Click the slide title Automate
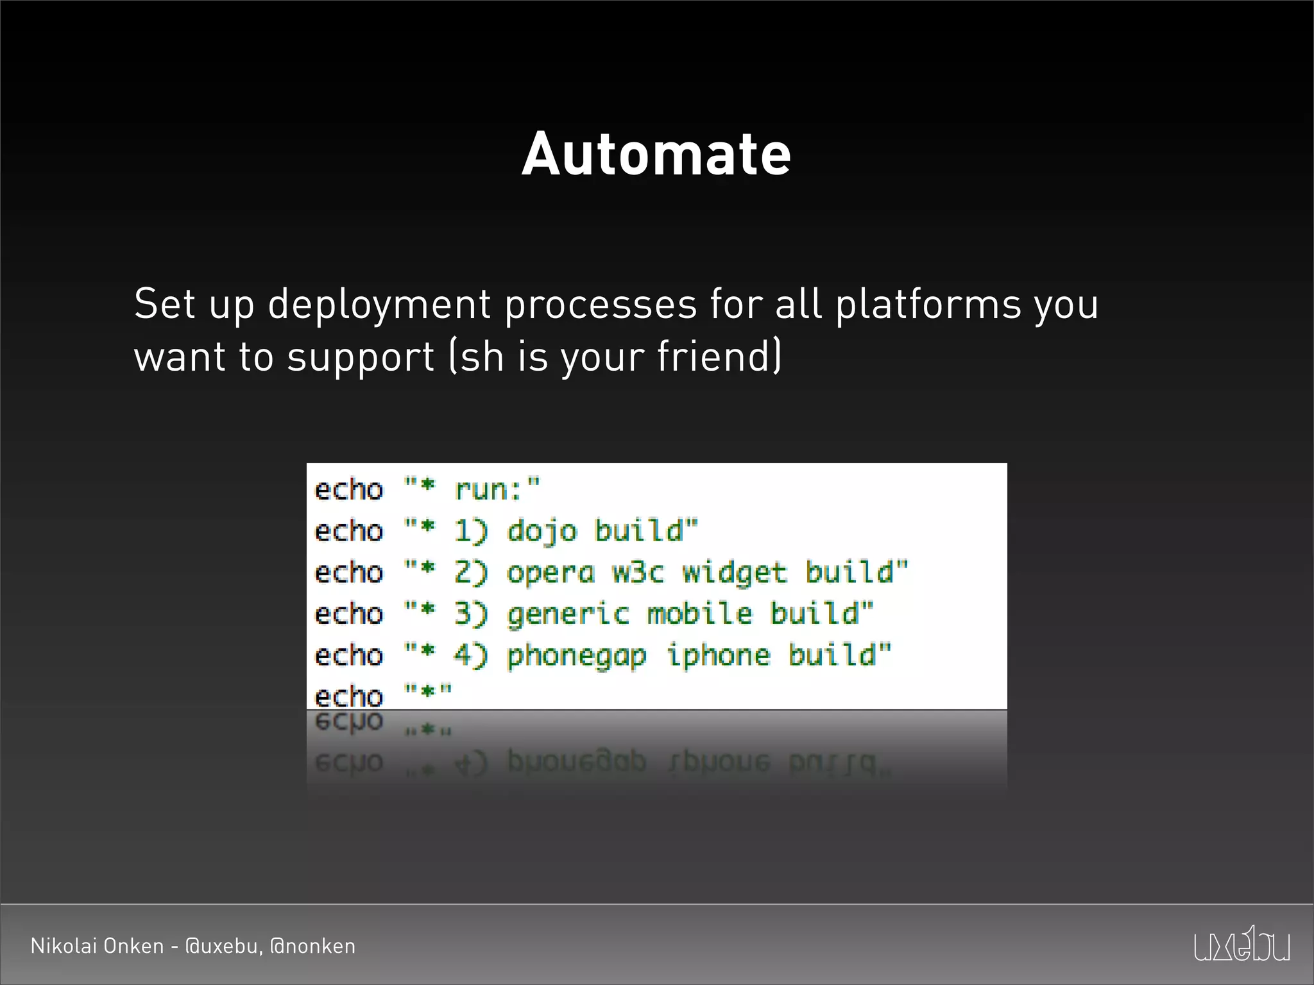click(x=656, y=154)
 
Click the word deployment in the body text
click(x=379, y=304)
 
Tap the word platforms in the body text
click(x=928, y=304)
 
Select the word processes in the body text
click(x=601, y=304)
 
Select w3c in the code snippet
click(x=638, y=573)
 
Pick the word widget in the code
click(x=735, y=573)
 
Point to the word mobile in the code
click(x=699, y=614)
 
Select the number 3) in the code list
click(x=471, y=614)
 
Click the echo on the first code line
click(x=349, y=490)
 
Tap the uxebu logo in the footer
click(x=1242, y=945)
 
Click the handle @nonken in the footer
click(x=312, y=946)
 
